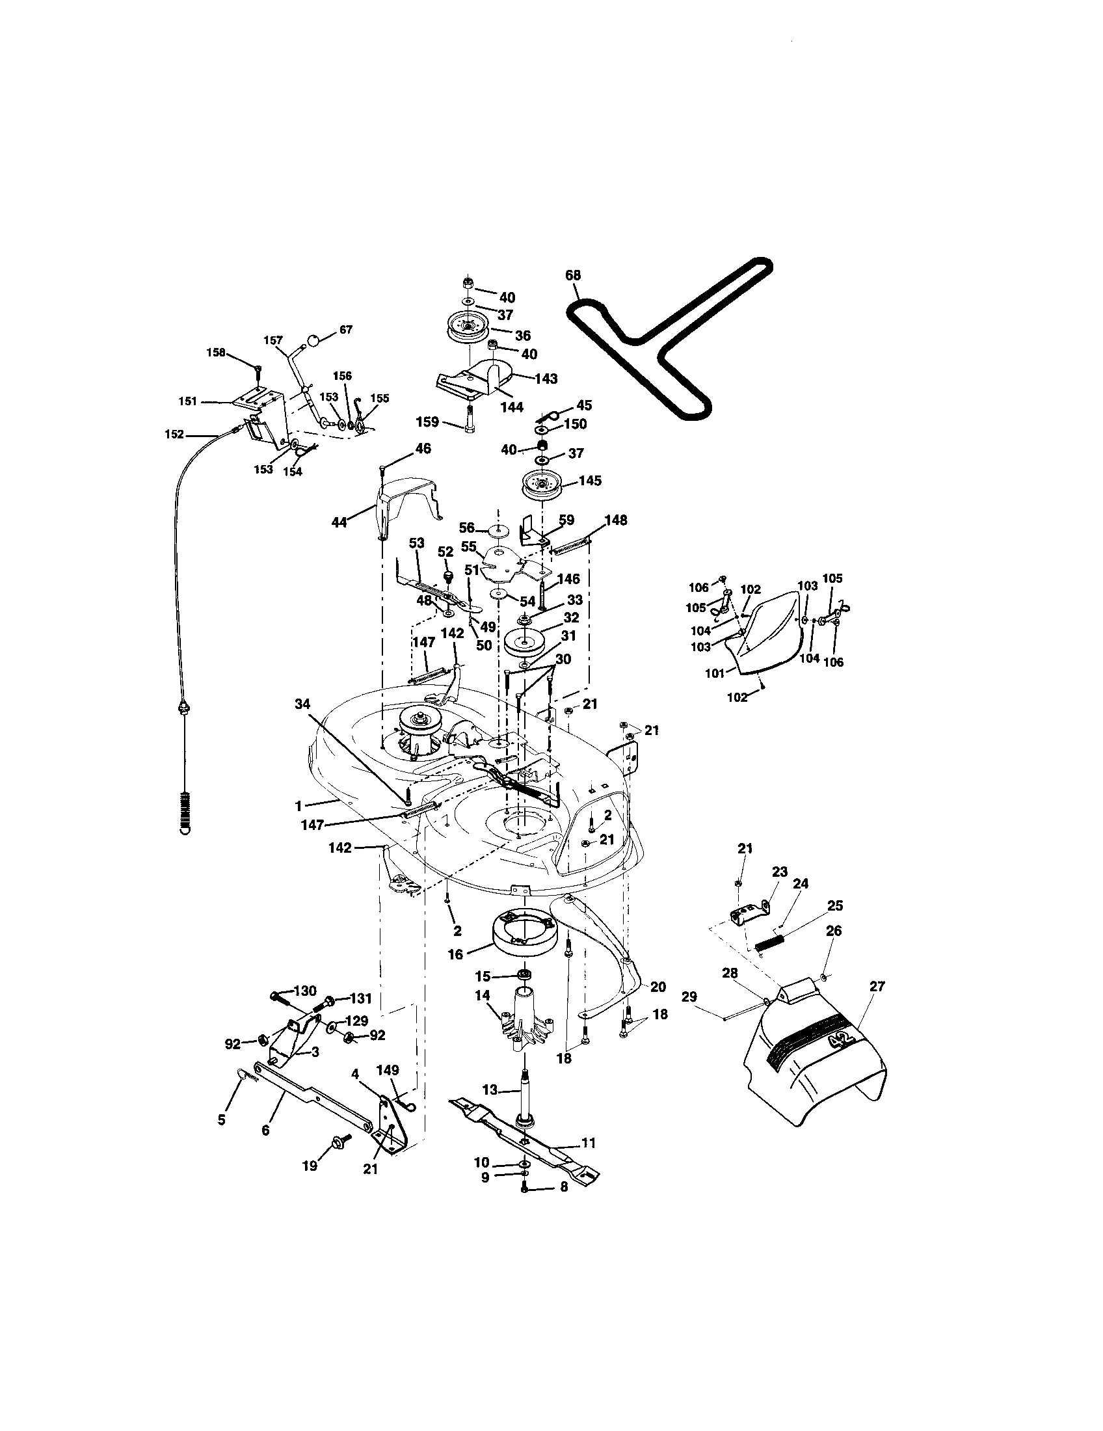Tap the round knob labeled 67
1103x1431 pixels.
313,340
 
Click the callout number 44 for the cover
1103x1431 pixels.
339,522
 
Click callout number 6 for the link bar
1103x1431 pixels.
265,1131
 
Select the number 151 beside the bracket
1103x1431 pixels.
188,401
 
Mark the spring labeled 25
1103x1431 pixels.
769,949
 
